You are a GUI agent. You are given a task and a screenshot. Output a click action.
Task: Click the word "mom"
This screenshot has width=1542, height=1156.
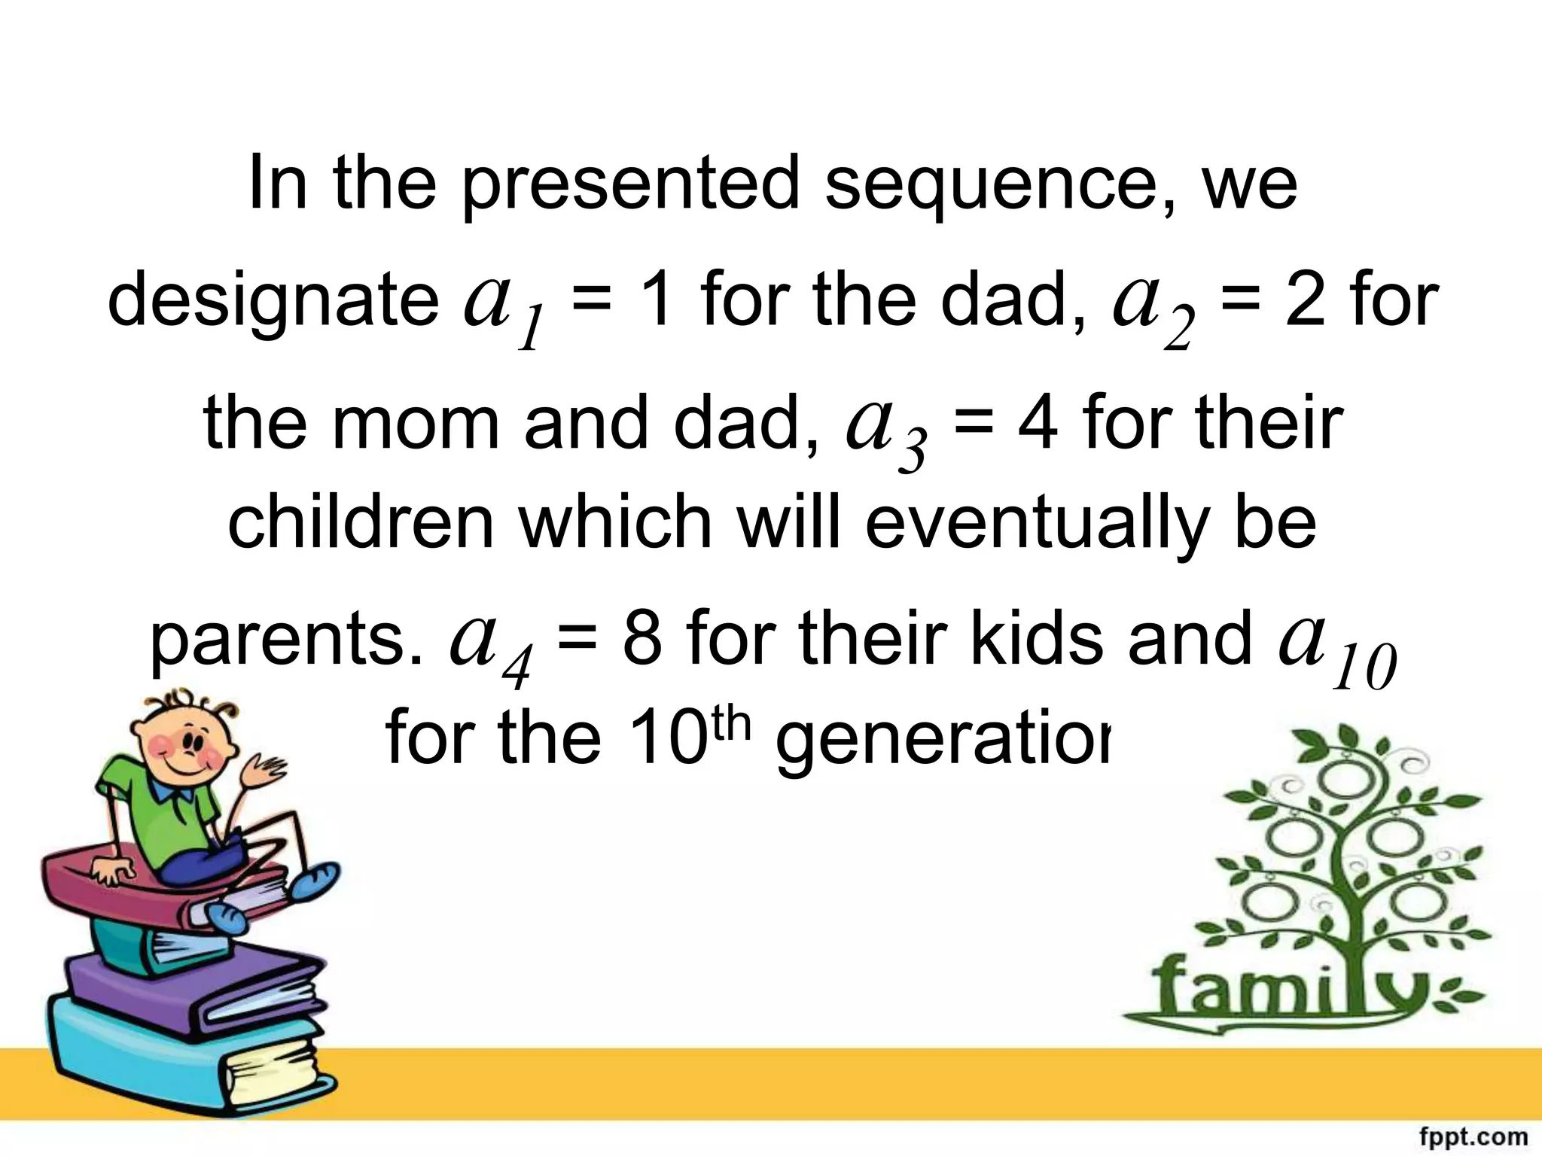coord(416,423)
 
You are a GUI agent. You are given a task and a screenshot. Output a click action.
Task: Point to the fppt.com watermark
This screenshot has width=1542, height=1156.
coord(1472,1136)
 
